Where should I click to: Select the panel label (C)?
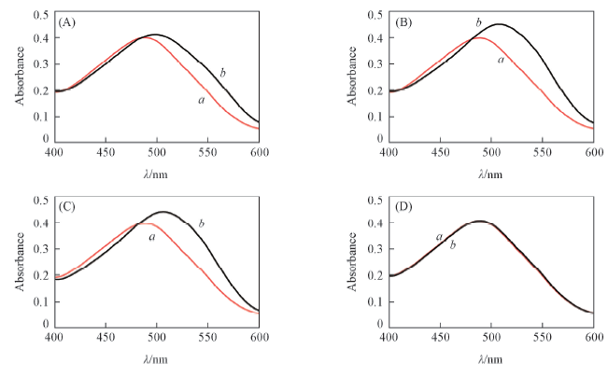pyautogui.click(x=68, y=207)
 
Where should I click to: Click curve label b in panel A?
pyautogui.click(x=222, y=72)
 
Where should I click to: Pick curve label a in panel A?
pyautogui.click(x=202, y=99)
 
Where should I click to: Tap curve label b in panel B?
pyautogui.click(x=478, y=21)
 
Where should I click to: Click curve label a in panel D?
pyautogui.click(x=439, y=237)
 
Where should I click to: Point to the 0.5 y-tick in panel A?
pyautogui.click(x=41, y=15)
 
